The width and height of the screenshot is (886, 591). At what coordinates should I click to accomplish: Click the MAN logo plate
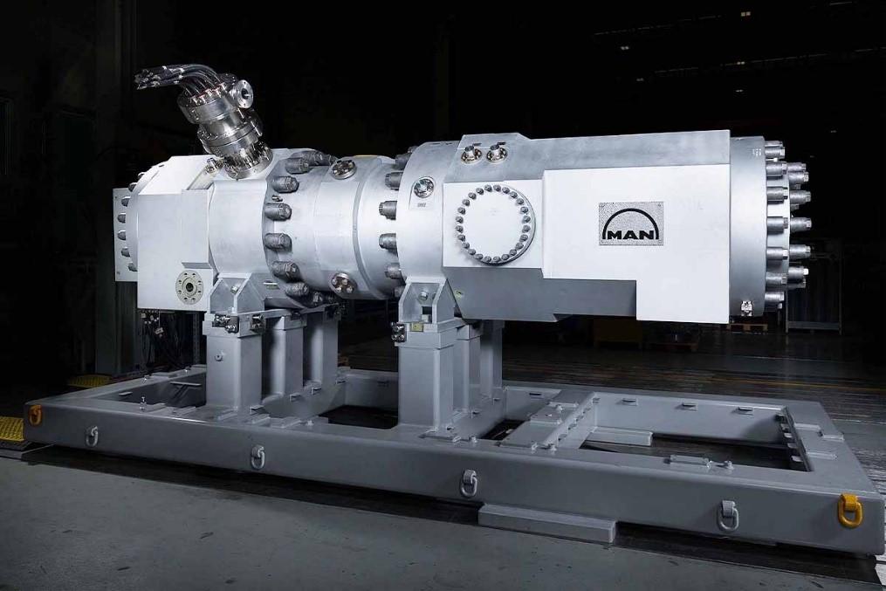click(631, 223)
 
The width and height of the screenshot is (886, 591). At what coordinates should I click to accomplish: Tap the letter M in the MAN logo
click(615, 233)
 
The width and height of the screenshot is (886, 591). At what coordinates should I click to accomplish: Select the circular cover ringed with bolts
click(494, 223)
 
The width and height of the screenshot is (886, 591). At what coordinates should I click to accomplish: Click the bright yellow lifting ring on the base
click(850, 510)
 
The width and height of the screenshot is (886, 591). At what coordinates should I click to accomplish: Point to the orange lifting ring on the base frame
click(35, 416)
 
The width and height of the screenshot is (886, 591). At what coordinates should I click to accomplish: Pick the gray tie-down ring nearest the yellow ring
click(728, 516)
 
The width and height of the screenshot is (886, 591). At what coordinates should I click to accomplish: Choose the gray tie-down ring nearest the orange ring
click(93, 436)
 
